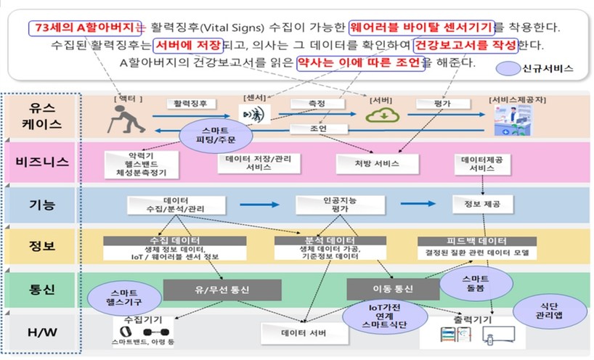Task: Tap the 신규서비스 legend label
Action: coord(537,70)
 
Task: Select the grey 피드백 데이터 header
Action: coord(476,241)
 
